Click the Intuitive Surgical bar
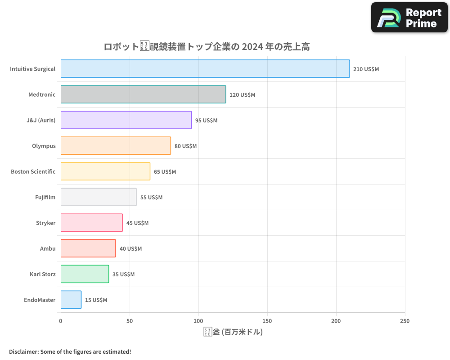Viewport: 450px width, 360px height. [x=205, y=69]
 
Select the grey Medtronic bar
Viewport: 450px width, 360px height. [x=143, y=94]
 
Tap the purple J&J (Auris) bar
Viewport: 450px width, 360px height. [x=126, y=120]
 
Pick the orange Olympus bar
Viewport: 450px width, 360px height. [x=116, y=146]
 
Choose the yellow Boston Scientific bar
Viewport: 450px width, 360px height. [x=105, y=171]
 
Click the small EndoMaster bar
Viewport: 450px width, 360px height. [x=71, y=300]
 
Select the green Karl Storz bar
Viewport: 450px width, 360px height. [x=85, y=274]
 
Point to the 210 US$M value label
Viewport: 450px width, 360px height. [x=366, y=69]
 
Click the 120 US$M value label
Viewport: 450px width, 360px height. [x=242, y=95]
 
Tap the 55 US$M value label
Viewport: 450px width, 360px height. [x=151, y=198]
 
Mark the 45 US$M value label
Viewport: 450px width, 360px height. [x=137, y=223]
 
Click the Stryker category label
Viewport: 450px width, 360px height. [x=45, y=223]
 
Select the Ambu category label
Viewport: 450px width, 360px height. [x=48, y=249]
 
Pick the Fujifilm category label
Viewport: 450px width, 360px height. [x=45, y=198]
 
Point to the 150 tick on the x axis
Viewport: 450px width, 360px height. [x=267, y=321]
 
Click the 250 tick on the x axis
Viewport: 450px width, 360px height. [x=405, y=321]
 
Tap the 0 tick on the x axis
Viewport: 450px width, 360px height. [x=61, y=321]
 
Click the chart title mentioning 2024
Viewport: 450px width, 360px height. [x=207, y=46]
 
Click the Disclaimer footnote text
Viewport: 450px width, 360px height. [x=70, y=351]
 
